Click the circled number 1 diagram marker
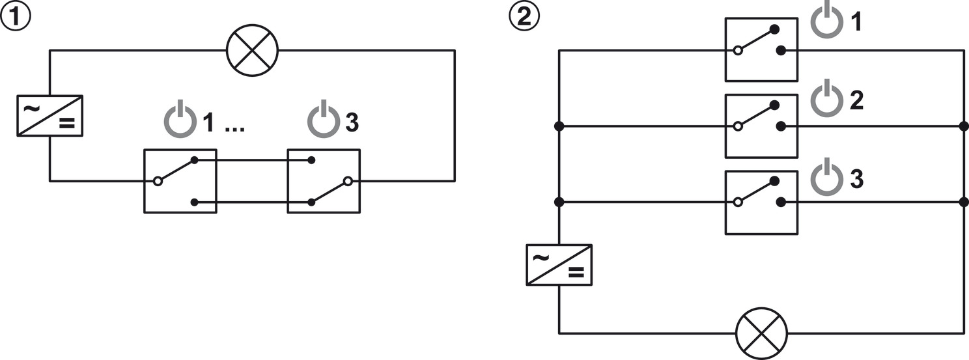(16, 17)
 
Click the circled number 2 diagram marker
(524, 17)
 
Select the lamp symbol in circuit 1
(252, 51)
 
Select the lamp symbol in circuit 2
(761, 333)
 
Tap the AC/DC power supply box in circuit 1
(49, 115)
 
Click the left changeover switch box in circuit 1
(180, 181)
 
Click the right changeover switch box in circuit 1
(324, 181)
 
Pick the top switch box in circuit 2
(761, 49)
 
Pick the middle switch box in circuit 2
(761, 126)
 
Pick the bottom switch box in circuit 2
(761, 202)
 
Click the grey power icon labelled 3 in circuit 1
(324, 121)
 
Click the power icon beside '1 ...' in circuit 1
(180, 121)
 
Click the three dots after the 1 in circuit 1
(234, 129)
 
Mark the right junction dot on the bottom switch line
(964, 202)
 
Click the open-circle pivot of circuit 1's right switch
(348, 181)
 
